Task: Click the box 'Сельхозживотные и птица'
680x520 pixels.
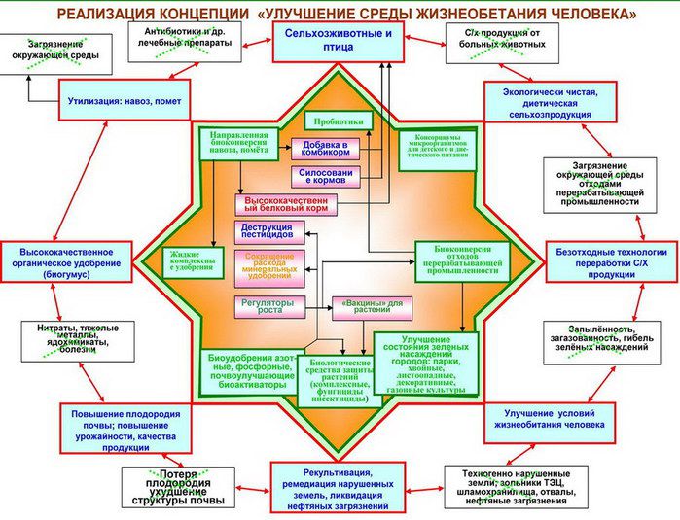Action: coord(338,41)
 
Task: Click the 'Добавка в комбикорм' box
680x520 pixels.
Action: coord(325,150)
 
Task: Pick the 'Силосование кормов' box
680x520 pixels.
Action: coord(325,177)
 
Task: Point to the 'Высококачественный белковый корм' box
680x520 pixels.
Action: coord(285,205)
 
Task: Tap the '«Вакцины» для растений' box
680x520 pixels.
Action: coord(372,307)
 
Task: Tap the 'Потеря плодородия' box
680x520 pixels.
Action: coord(179,487)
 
